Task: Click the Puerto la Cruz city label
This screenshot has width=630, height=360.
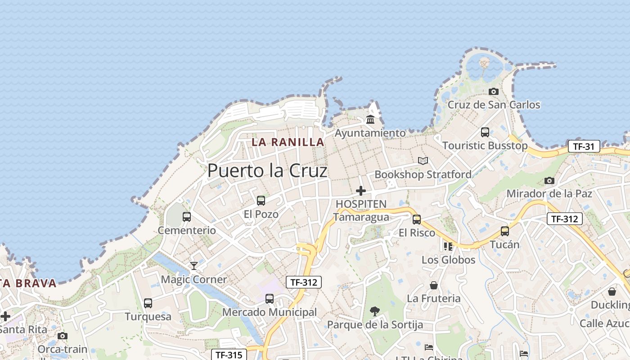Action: point(267,171)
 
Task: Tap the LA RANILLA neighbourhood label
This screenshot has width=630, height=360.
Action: point(288,142)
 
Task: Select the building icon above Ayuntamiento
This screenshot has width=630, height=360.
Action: point(370,119)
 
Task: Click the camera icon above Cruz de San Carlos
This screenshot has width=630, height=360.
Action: point(494,91)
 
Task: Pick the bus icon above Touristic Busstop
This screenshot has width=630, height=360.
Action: point(485,132)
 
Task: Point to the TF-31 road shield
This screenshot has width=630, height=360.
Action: point(584,146)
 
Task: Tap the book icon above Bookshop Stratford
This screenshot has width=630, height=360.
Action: point(423,161)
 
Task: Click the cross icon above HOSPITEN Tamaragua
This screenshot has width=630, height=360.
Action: point(361,191)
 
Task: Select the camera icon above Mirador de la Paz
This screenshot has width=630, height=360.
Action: point(549,180)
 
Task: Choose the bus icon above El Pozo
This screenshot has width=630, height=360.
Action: point(261,201)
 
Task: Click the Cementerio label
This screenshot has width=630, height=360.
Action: point(187,230)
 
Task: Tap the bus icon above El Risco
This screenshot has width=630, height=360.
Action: point(417,220)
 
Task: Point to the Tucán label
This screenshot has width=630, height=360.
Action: point(504,245)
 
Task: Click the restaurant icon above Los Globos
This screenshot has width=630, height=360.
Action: point(448,246)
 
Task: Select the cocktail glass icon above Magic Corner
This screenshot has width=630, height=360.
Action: point(194,266)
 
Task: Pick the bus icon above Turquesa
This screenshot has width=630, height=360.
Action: point(148,303)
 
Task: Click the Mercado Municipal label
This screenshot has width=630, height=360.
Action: point(270,312)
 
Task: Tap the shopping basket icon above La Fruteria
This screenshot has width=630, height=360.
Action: point(433,285)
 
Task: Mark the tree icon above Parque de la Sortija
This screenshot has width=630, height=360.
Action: point(374,311)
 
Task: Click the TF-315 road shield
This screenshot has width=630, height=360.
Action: point(229,355)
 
